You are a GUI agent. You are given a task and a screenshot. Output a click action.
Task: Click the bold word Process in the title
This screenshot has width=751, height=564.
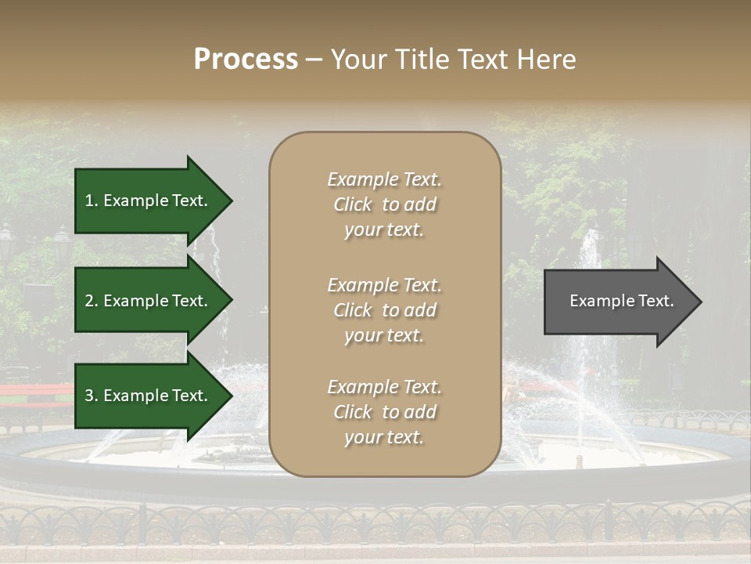(x=246, y=60)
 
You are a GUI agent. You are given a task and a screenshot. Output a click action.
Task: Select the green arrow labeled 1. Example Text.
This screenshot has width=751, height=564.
(x=149, y=201)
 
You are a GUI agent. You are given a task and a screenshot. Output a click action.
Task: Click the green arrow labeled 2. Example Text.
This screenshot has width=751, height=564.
(x=149, y=301)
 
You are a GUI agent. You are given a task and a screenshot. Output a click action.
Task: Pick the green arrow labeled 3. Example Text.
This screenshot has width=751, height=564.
(x=149, y=396)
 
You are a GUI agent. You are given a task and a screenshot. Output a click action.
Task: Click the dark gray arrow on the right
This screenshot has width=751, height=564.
(x=618, y=302)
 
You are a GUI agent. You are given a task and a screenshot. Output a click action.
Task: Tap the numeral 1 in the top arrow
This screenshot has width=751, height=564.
(x=89, y=201)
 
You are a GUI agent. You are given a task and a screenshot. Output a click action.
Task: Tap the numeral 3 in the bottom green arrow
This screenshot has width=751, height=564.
(x=89, y=396)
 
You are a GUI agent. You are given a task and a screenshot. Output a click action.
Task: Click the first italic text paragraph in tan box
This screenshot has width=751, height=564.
(x=384, y=204)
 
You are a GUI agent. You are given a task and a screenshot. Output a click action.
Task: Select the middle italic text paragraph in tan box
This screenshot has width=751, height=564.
(x=384, y=310)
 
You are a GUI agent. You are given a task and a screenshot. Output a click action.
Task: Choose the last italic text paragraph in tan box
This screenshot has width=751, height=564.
(x=384, y=412)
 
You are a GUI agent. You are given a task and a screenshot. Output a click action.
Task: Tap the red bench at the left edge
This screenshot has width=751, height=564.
(x=31, y=390)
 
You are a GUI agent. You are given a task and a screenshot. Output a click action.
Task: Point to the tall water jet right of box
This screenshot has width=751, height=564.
(x=588, y=258)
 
